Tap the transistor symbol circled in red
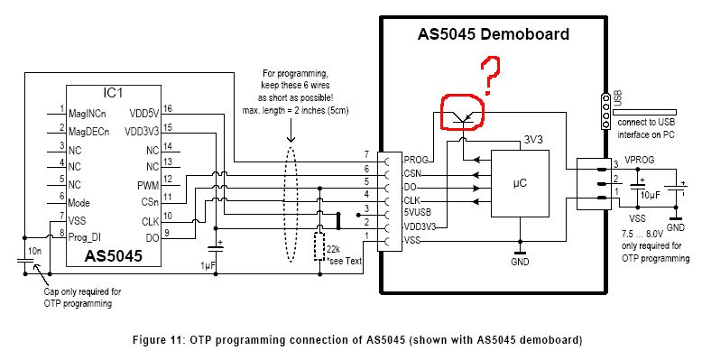point(462,118)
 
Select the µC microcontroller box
point(520,183)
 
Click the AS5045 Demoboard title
point(494,34)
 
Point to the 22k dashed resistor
point(319,246)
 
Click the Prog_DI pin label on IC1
point(84,237)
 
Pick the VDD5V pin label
point(143,114)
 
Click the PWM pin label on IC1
point(148,185)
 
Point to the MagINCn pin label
point(88,114)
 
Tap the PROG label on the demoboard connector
point(416,160)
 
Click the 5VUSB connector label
point(417,212)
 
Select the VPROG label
point(640,160)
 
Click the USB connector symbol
point(605,112)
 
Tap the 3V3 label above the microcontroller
point(533,140)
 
